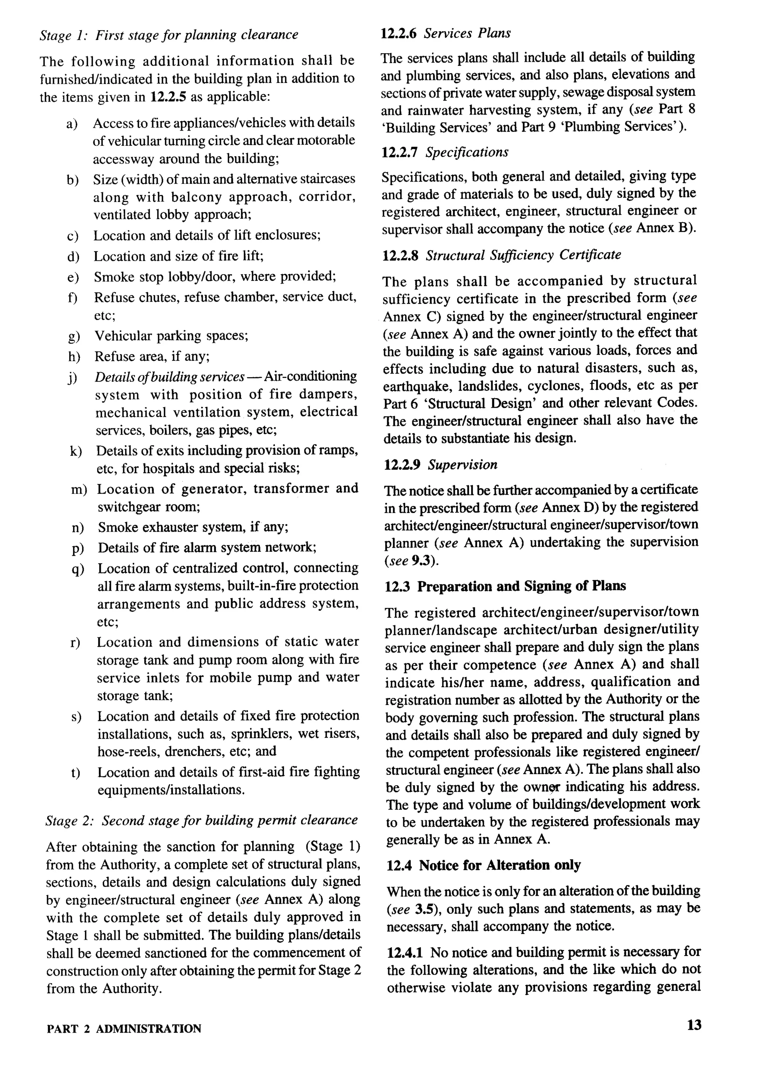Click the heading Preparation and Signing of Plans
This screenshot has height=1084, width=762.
[x=521, y=586]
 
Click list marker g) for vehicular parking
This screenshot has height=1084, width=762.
[x=74, y=336]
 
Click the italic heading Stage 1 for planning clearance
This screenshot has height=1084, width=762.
[x=169, y=35]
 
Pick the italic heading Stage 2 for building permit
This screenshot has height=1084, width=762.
[x=202, y=820]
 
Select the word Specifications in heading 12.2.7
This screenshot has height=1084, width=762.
[x=467, y=153]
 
